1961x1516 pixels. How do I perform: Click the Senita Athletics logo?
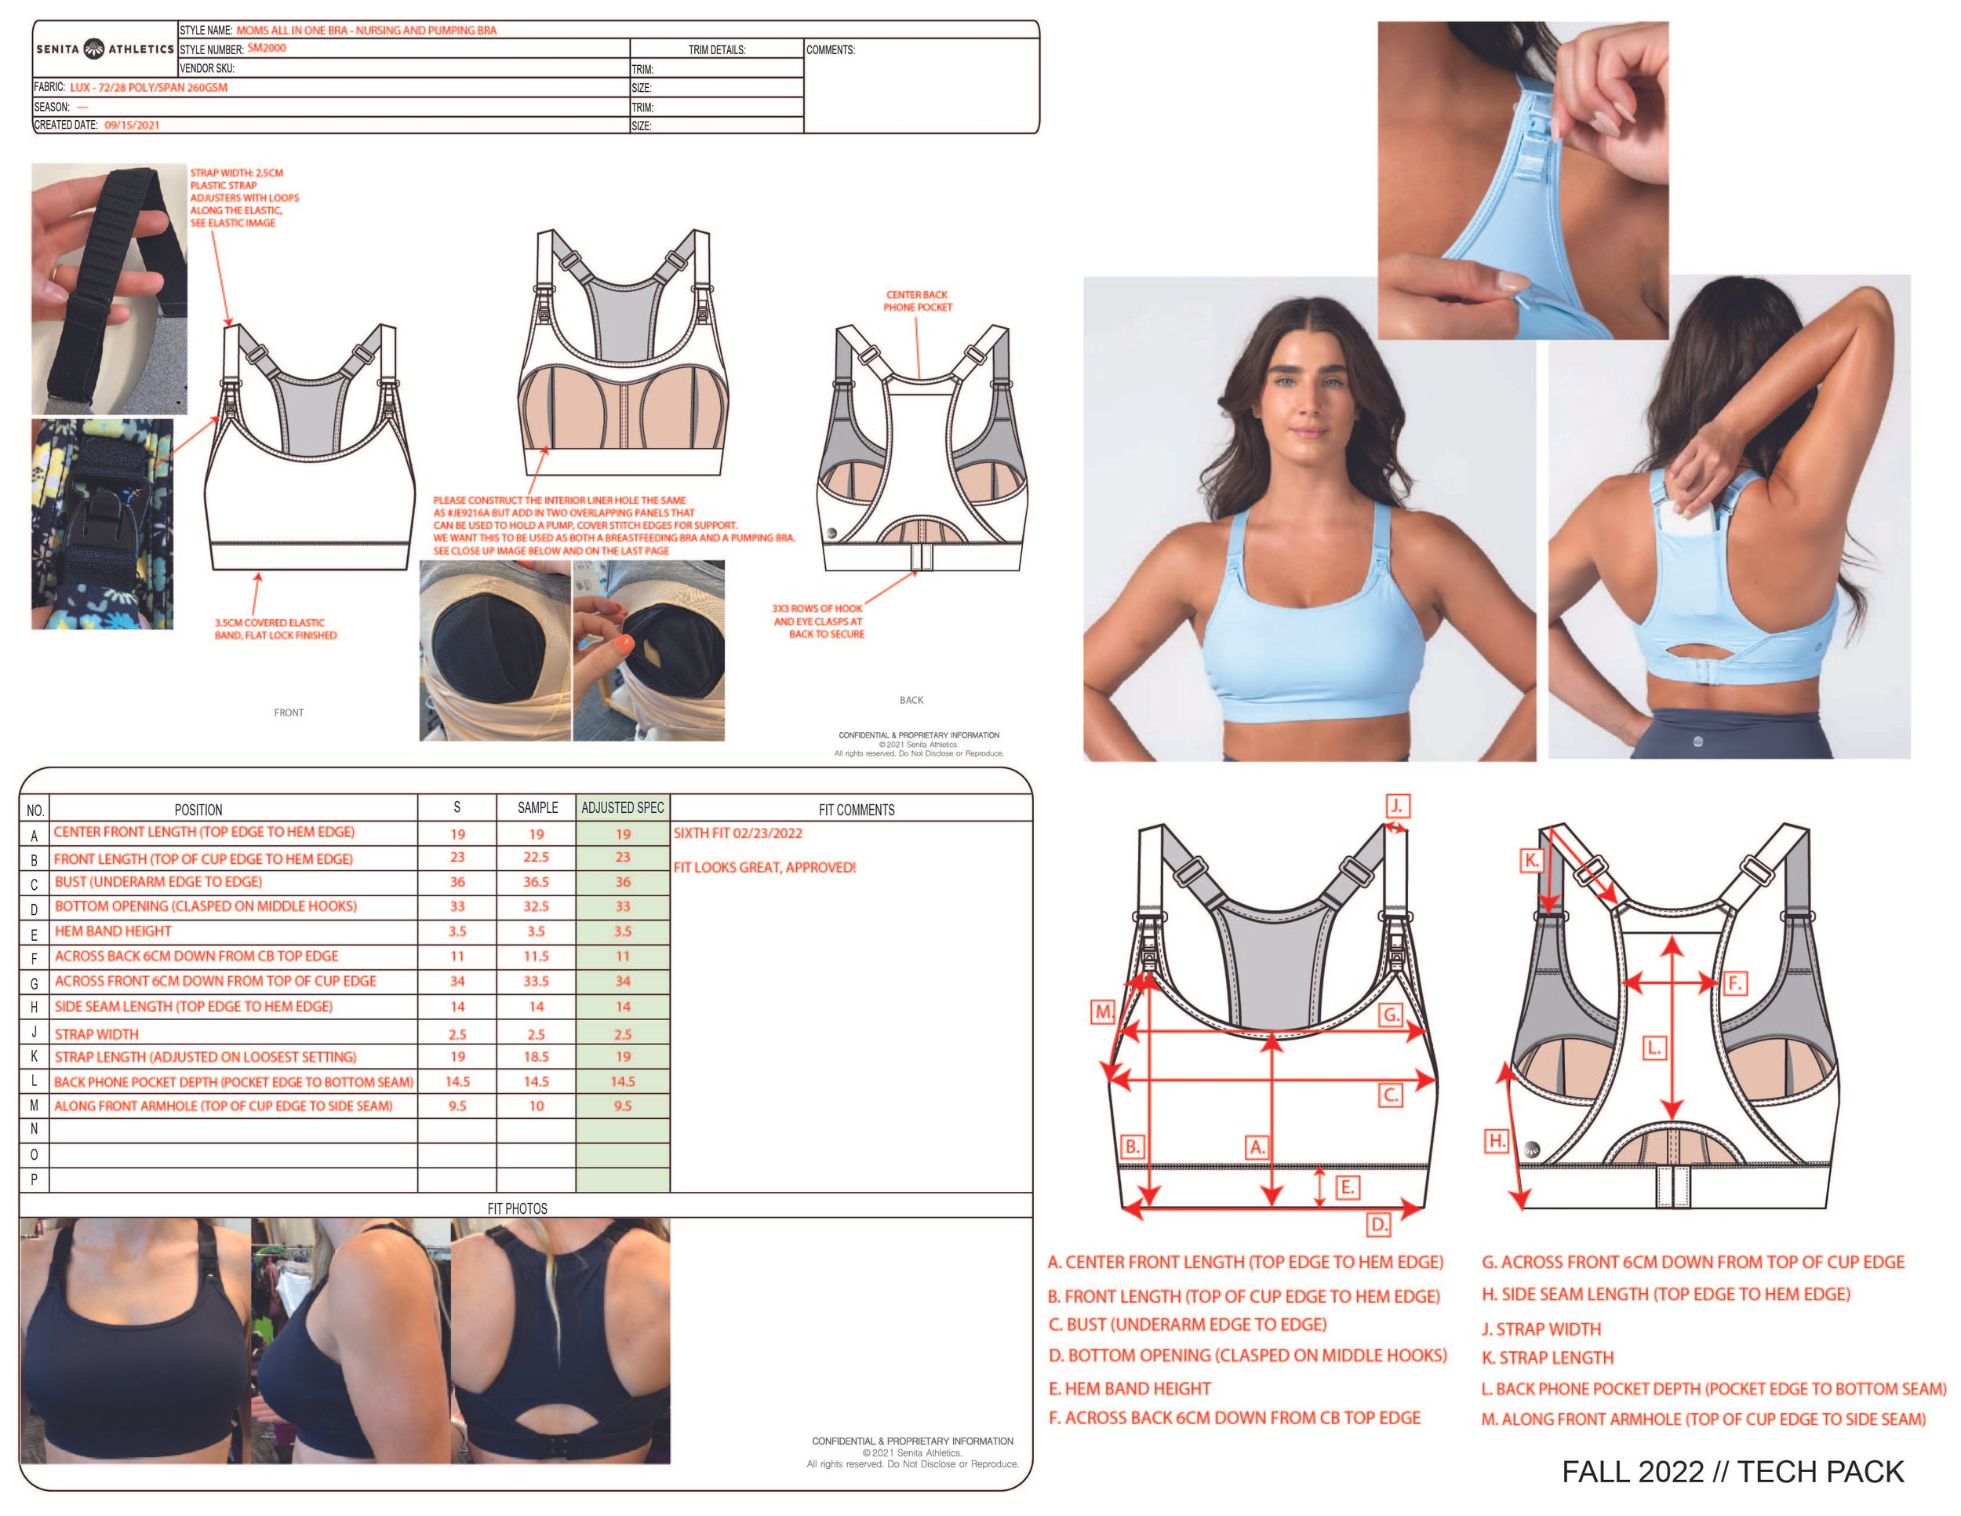click(x=104, y=49)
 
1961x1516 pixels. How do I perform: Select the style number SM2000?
click(x=267, y=49)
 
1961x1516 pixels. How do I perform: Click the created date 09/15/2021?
click(x=131, y=126)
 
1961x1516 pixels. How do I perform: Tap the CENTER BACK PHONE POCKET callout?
click(x=917, y=301)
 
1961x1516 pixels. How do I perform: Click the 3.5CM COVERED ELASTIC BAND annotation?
click(x=275, y=629)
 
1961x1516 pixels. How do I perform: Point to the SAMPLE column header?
click(x=537, y=807)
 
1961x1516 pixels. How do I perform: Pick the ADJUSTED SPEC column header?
click(x=622, y=807)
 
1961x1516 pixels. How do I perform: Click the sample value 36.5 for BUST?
click(x=536, y=882)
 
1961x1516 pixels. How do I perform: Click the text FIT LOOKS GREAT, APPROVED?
click(x=764, y=868)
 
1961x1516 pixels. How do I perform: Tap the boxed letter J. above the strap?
click(x=1396, y=806)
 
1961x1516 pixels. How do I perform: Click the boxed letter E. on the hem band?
click(x=1347, y=1187)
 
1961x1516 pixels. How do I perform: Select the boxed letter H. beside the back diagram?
click(x=1496, y=1142)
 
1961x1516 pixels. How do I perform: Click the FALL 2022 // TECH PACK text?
click(x=1732, y=1471)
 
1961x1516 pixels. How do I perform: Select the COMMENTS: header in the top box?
click(x=830, y=50)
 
